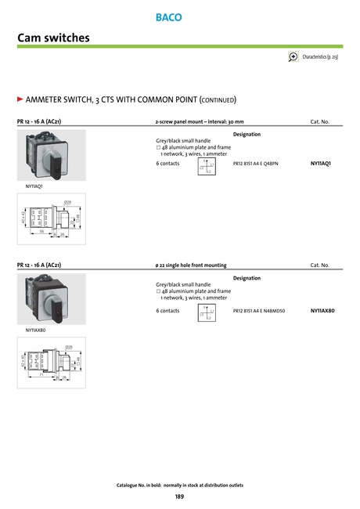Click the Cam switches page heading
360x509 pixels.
click(53, 38)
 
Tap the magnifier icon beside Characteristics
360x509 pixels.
click(293, 56)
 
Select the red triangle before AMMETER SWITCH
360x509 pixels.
click(21, 100)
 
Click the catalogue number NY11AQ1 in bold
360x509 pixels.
click(321, 163)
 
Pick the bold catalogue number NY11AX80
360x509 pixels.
click(322, 311)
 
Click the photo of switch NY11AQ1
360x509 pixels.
click(51, 155)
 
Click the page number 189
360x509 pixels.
click(179, 496)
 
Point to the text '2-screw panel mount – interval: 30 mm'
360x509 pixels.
click(200, 121)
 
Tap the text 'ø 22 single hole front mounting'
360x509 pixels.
click(192, 265)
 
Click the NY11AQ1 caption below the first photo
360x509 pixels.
click(34, 186)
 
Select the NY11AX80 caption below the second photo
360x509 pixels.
click(35, 330)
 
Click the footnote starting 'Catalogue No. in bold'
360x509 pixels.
click(179, 486)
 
